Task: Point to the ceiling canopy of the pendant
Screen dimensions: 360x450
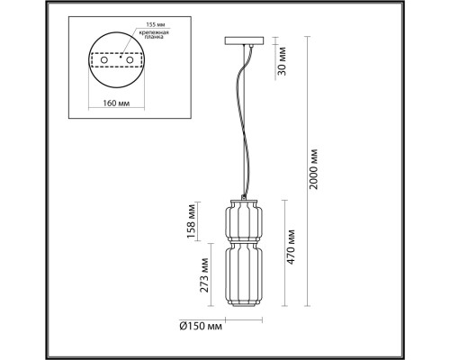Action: (243, 43)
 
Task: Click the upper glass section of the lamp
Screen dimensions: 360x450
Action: (242, 219)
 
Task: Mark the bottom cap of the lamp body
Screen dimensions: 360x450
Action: (242, 304)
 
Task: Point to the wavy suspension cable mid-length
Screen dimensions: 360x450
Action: (242, 126)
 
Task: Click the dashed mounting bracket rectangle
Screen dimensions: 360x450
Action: (117, 60)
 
